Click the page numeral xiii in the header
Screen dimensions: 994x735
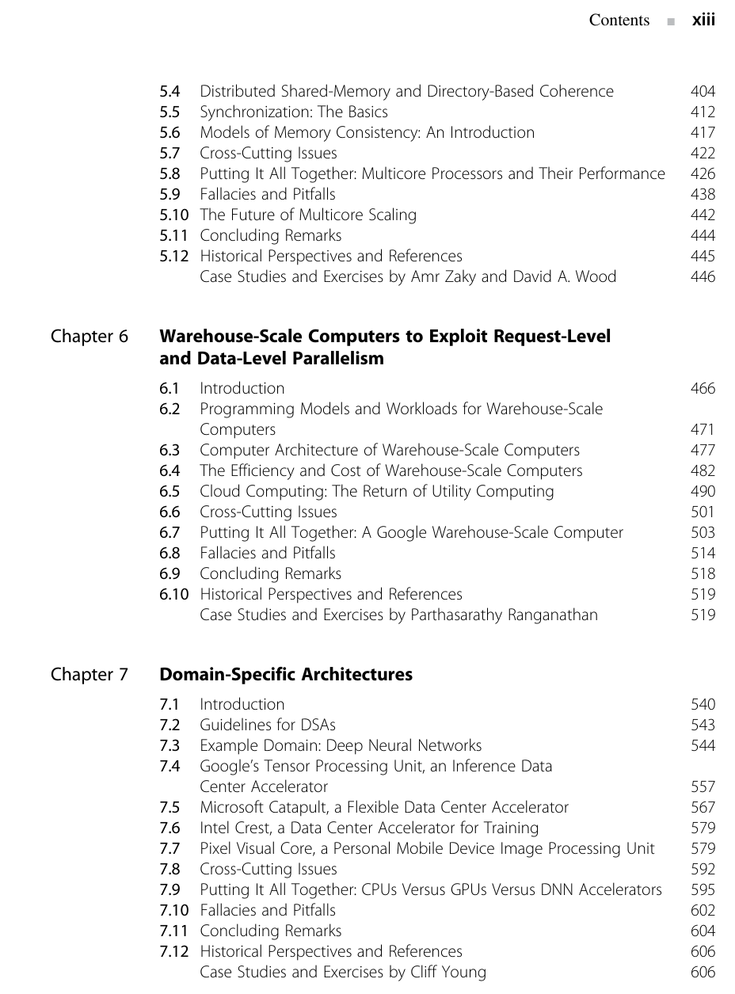703,21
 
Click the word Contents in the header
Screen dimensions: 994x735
619,21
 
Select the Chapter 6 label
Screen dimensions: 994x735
89,337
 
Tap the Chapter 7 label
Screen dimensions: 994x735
89,675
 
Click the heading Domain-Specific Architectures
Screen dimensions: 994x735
286,675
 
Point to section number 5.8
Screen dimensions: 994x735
169,173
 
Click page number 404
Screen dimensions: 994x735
703,91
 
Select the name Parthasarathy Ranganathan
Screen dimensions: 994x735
505,615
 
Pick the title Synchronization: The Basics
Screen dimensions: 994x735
294,112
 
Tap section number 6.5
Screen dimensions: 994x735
169,491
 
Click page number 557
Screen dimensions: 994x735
703,786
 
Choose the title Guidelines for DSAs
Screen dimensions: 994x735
268,725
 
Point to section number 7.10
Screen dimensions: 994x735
173,910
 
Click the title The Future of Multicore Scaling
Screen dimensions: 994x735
308,215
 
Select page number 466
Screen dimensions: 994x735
703,388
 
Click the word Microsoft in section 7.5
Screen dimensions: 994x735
232,807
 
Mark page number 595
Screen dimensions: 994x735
703,889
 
